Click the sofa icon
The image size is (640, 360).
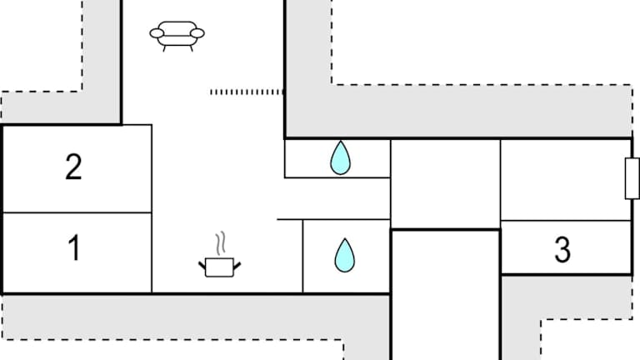coord(177,36)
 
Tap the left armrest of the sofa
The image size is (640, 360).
coord(156,33)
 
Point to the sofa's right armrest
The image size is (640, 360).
coord(197,33)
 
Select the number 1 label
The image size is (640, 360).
coord(74,248)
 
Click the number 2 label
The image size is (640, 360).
coord(74,167)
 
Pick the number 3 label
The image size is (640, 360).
coord(562,249)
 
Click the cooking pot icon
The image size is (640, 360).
coord(219,266)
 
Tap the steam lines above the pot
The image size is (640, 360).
coord(220,243)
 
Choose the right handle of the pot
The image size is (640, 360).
coord(237,265)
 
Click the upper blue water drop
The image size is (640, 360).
coord(339,157)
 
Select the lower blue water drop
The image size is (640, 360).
coord(344,255)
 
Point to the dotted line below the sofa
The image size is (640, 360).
coord(247,92)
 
